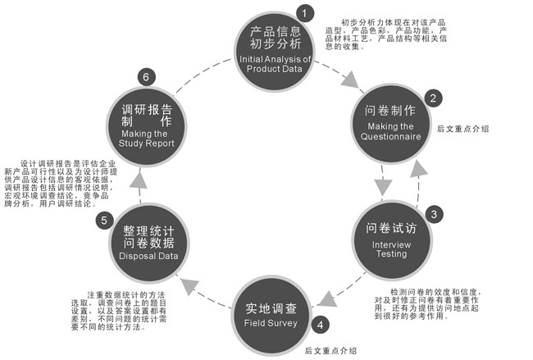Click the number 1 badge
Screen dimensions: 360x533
point(304,13)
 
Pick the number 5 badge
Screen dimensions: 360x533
point(103,220)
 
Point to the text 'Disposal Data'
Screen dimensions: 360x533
point(148,255)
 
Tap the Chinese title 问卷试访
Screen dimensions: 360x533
point(389,228)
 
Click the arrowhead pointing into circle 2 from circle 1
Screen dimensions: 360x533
point(351,80)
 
